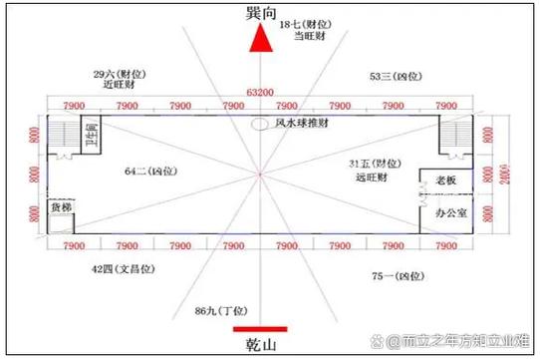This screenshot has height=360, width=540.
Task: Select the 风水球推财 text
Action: (x=303, y=123)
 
